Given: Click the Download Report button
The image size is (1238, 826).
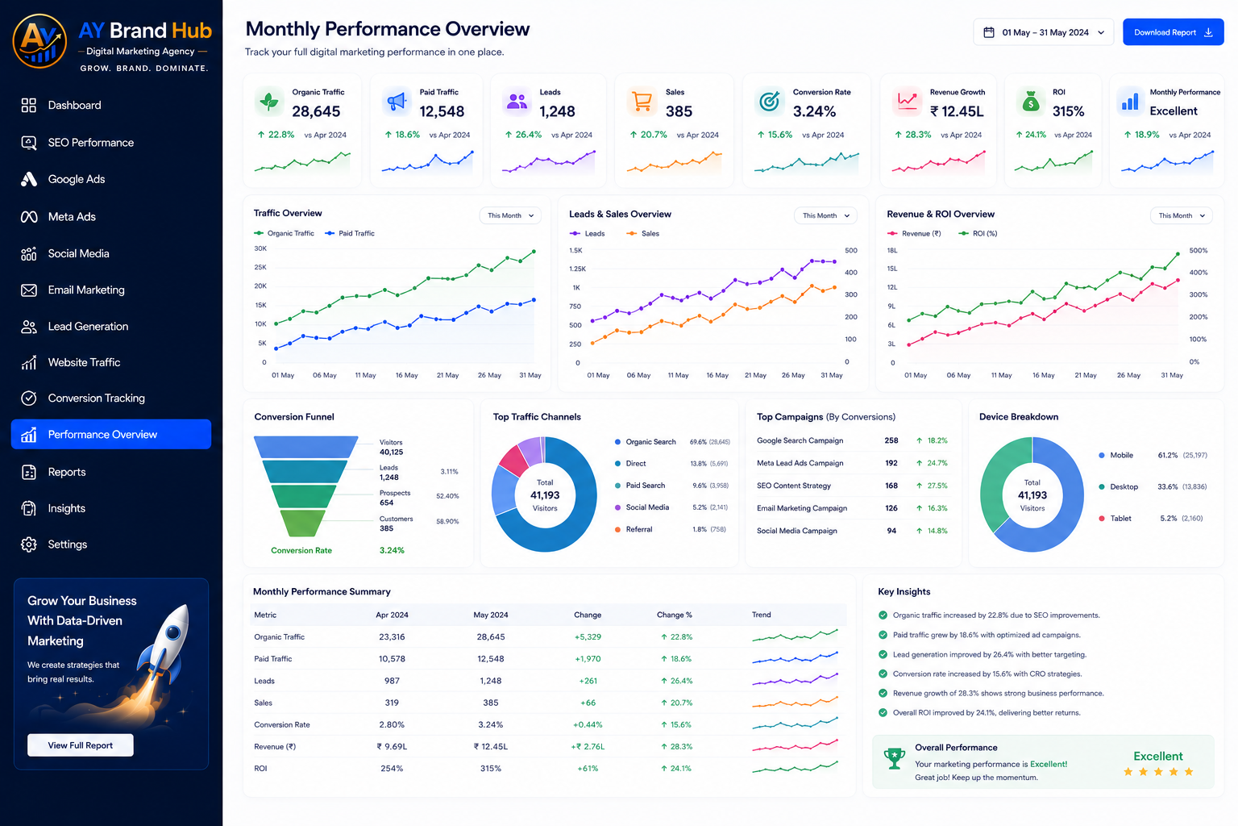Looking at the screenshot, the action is coord(1173,32).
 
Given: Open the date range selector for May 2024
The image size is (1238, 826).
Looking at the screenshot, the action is coord(1043,32).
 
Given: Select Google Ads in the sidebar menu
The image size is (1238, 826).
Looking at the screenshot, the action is coord(77,179).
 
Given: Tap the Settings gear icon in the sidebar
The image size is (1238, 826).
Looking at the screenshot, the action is coord(29,544).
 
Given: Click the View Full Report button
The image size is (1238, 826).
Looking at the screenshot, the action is coord(80,745).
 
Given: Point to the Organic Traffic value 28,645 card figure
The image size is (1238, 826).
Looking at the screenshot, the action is coord(316,111).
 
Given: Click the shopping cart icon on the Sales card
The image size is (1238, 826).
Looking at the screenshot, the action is coord(641,102).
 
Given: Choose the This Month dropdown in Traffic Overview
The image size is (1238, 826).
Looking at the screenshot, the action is coord(510,215).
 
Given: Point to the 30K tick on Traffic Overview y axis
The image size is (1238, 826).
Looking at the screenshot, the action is coord(260,248).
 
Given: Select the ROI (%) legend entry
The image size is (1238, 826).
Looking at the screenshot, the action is coord(978,233).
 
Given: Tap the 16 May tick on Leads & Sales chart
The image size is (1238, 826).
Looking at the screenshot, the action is coord(717,375).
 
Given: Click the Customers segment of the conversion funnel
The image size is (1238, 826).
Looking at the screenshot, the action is coord(302,523).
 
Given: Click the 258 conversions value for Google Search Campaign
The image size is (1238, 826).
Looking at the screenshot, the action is coord(891,440).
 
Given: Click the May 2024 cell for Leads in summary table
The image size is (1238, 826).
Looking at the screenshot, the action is coord(490,681).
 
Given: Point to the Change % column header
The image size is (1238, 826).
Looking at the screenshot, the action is coord(675,615).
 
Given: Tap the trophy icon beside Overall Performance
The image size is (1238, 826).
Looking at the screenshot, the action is coord(894,758).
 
